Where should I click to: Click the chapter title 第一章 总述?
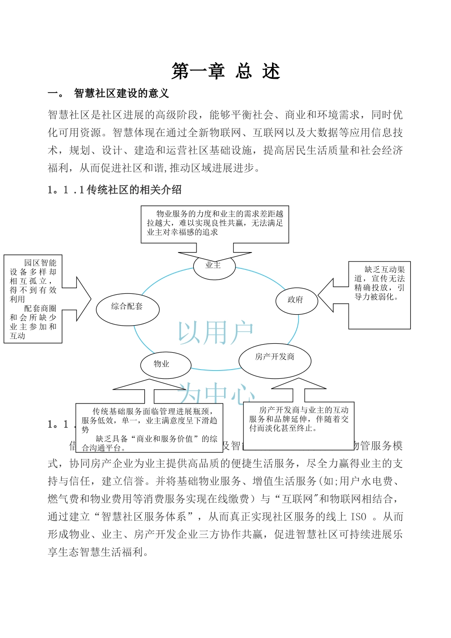point(225,72)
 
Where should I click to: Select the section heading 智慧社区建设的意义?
point(122,94)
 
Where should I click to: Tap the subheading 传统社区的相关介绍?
point(134,190)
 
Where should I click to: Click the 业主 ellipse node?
point(214,266)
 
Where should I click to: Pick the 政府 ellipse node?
point(296,300)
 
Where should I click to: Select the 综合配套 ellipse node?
point(127,307)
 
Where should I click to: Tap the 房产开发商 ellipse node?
point(274,357)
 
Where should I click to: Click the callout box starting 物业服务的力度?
point(215,224)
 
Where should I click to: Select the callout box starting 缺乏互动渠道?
point(379,294)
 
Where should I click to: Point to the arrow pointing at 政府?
point(332,295)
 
